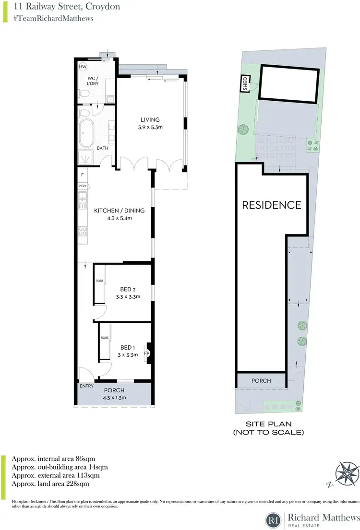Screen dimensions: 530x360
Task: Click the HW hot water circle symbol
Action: (x=83, y=67)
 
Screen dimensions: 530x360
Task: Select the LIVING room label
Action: (x=149, y=119)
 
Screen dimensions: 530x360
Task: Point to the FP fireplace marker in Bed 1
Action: (x=147, y=353)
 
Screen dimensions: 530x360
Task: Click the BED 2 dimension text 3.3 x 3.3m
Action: (x=127, y=297)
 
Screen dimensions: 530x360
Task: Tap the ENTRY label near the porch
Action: (x=86, y=385)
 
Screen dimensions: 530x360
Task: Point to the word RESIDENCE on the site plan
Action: (x=271, y=205)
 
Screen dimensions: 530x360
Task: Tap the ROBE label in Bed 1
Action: (x=105, y=337)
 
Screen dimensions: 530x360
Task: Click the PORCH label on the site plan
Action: (x=261, y=381)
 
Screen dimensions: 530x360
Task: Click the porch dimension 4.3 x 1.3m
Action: (x=114, y=398)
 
